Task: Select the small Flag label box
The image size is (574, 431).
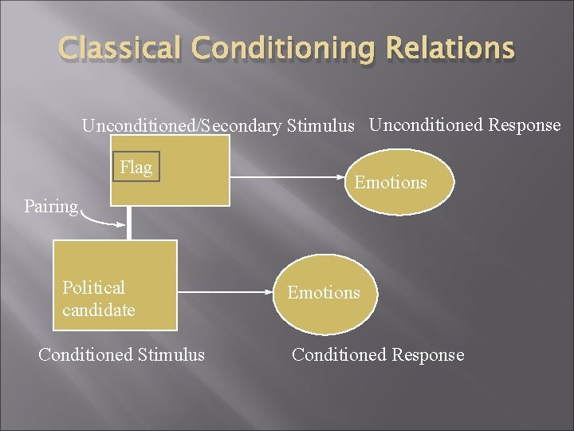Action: (136, 167)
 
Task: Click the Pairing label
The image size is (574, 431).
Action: (51, 206)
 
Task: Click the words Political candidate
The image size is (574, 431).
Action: (98, 298)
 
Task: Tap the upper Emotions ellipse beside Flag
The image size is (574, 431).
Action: (391, 182)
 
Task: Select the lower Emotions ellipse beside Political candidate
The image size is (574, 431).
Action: (324, 292)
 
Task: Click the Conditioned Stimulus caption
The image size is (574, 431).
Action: (121, 354)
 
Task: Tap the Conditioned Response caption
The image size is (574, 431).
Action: (377, 354)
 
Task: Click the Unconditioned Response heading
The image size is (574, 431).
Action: (465, 125)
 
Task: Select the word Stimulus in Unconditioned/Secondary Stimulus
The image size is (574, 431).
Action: (319, 126)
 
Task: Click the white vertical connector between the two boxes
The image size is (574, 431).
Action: (128, 223)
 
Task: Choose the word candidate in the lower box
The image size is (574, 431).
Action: (98, 310)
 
